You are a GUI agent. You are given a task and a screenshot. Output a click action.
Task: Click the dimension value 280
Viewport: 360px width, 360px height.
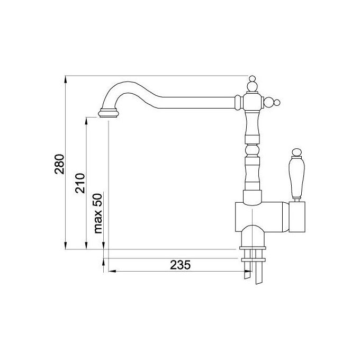pyautogui.click(x=60, y=164)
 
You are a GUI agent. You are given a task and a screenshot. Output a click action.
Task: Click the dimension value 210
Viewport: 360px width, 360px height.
pyautogui.click(x=80, y=183)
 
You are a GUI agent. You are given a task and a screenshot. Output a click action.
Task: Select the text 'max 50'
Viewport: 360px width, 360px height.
pyautogui.click(x=98, y=213)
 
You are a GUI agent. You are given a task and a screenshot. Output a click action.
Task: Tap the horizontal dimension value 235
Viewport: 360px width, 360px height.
pyautogui.click(x=180, y=265)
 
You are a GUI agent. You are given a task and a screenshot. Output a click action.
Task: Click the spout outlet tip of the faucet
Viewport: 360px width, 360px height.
pyautogui.click(x=109, y=114)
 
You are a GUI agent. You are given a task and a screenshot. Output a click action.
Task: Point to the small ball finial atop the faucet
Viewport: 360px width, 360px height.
pyautogui.click(x=252, y=78)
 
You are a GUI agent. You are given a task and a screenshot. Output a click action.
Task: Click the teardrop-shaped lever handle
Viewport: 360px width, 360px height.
pyautogui.click(x=296, y=177)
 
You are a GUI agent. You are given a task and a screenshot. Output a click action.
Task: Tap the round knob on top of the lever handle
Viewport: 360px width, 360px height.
pyautogui.click(x=296, y=152)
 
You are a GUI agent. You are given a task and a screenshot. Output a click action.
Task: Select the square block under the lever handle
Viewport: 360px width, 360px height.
pyautogui.click(x=297, y=217)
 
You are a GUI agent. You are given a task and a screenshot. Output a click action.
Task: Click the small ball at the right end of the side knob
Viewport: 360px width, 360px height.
pyautogui.click(x=277, y=103)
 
